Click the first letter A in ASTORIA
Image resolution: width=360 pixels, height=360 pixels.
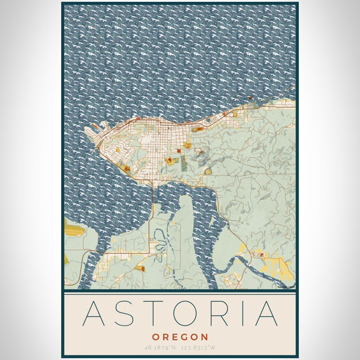pos(95,313)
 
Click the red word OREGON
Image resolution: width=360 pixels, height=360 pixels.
pos(180,337)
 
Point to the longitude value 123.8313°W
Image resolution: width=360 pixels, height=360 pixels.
pos(199,347)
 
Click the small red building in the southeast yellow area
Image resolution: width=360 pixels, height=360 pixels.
pos(262,256)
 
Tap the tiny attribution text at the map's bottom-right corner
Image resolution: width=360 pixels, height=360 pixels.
pos(287,287)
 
